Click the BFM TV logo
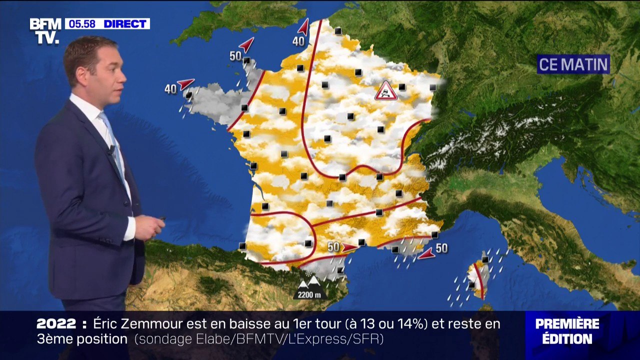pyautogui.click(x=45, y=31)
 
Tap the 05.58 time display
pyautogui.click(x=82, y=24)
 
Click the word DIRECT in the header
pyautogui.click(x=125, y=24)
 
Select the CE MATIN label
pyautogui.click(x=573, y=64)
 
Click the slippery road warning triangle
pyautogui.click(x=386, y=91)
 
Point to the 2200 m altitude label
pyautogui.click(x=309, y=294)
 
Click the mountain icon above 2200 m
pyautogui.click(x=308, y=282)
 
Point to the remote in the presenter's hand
pyautogui.click(x=161, y=219)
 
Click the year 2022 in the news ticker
pyautogui.click(x=56, y=324)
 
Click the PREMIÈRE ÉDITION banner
pyautogui.click(x=567, y=330)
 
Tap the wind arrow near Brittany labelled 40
pyautogui.click(x=185, y=83)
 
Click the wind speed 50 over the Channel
pyautogui.click(x=235, y=56)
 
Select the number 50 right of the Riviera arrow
pyautogui.click(x=441, y=248)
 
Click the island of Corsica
pyautogui.click(x=478, y=278)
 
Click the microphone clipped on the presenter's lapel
pyautogui.click(x=112, y=149)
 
